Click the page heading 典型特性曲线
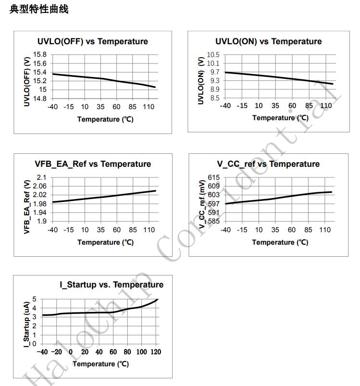(39, 10)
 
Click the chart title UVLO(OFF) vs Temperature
(93, 41)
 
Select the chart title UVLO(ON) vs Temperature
(269, 41)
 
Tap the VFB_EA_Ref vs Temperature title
(93, 164)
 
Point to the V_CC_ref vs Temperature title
(268, 164)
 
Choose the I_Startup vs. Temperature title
(112, 285)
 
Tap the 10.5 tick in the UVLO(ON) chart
(213, 55)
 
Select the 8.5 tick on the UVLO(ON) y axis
(215, 98)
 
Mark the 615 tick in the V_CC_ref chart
(214, 178)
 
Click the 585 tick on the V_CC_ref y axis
(214, 222)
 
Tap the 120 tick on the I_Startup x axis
(155, 352)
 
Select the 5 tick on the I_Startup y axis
(34, 299)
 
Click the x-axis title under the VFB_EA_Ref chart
(105, 242)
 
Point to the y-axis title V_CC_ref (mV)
(202, 201)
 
